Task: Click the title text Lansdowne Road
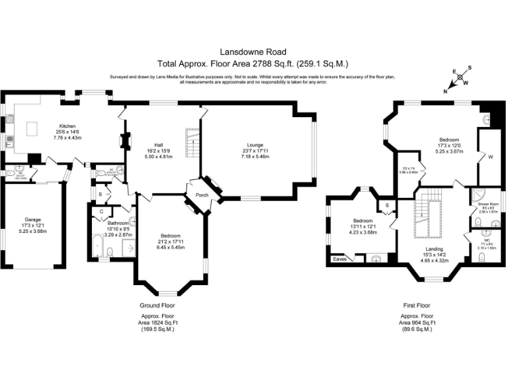pos(253,50)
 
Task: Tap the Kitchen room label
pos(67,126)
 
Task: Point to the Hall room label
pos(159,145)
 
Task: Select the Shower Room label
pos(489,204)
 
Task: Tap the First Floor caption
pos(417,306)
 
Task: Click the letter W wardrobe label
pos(490,157)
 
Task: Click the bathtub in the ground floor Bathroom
pos(99,246)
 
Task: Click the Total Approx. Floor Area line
pos(253,63)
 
